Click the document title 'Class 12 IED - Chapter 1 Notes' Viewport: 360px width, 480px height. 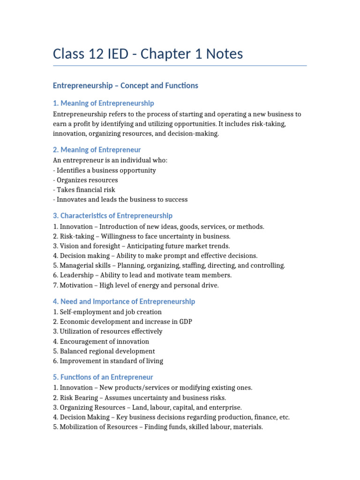(x=148, y=54)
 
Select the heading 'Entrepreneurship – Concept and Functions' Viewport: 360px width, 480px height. (x=125, y=85)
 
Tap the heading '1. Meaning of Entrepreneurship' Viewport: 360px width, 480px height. (x=103, y=103)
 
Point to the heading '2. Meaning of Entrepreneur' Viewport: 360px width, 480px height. (x=97, y=150)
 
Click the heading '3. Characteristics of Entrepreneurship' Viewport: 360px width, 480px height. (x=112, y=216)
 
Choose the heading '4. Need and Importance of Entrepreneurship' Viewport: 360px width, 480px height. (x=124, y=301)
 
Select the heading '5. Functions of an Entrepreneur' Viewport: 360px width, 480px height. (x=103, y=377)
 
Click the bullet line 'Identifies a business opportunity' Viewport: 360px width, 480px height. (x=106, y=171)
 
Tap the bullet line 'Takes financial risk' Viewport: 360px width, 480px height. (x=86, y=190)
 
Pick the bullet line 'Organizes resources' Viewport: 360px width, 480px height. (x=87, y=180)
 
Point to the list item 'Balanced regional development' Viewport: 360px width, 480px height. (x=107, y=351)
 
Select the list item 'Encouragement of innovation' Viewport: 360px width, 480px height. (x=105, y=341)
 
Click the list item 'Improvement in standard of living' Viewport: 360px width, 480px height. (x=112, y=361)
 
